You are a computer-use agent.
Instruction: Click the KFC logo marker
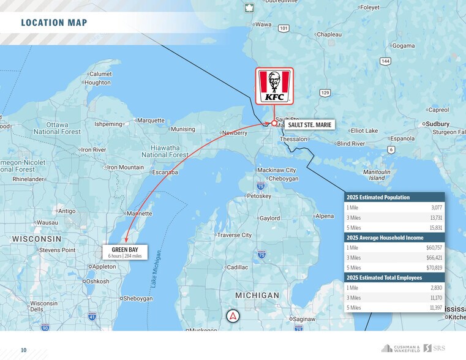coord(274,86)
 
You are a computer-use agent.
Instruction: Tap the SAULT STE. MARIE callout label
coord(310,124)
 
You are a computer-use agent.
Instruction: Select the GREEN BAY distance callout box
coord(124,252)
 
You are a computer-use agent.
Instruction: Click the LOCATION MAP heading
coord(54,23)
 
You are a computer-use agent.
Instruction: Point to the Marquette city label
coord(151,121)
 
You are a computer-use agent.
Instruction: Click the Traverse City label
coord(234,235)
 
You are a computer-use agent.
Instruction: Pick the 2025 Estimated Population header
coord(378,197)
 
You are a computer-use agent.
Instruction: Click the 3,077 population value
coord(435,208)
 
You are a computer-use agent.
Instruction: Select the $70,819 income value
coord(434,268)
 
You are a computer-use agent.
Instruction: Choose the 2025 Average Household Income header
coord(385,238)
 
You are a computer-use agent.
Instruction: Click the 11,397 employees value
coord(435,307)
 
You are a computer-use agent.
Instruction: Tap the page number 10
coord(24,350)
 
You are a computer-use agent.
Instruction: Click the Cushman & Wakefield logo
coord(400,348)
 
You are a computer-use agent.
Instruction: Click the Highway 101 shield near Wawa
coord(284,28)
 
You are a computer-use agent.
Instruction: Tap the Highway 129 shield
coord(325,92)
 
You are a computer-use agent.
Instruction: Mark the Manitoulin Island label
coord(377,175)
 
